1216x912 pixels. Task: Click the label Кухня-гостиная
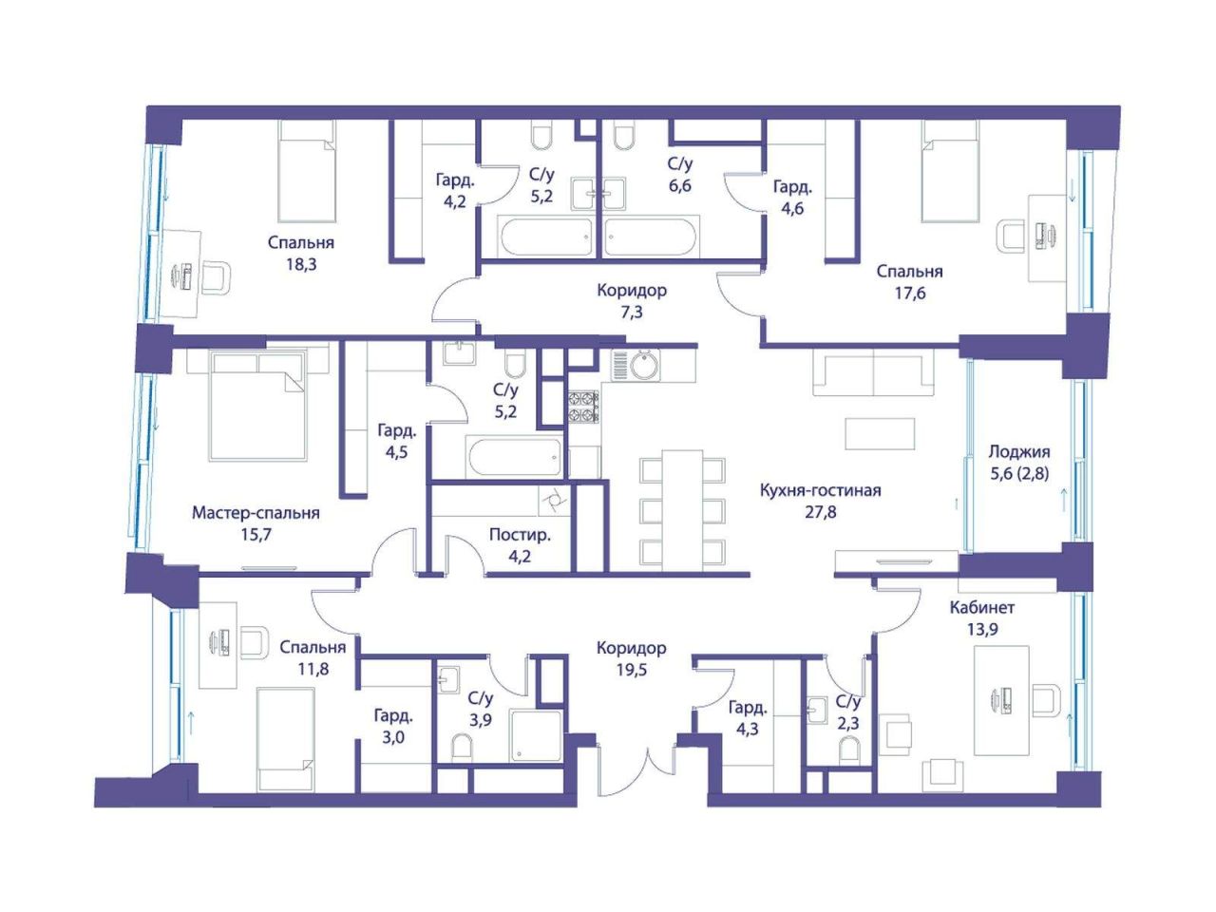click(x=820, y=490)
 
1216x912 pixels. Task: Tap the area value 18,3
click(x=301, y=265)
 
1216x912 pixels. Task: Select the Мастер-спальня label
click(x=256, y=513)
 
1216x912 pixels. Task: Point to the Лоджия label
click(x=1019, y=452)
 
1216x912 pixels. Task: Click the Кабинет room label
click(x=982, y=607)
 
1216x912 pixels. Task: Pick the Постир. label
click(x=520, y=535)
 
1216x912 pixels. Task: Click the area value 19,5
click(x=632, y=670)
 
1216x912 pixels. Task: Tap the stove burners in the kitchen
click(x=582, y=407)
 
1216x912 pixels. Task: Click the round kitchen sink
click(x=645, y=365)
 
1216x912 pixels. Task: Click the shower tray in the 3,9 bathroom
click(x=536, y=736)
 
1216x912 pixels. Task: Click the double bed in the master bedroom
click(x=257, y=405)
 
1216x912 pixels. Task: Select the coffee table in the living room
click(x=880, y=433)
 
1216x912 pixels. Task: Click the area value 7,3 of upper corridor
click(x=632, y=313)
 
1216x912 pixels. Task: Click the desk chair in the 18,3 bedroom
click(x=215, y=277)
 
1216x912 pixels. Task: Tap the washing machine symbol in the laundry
click(x=552, y=501)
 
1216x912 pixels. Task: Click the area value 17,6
click(x=910, y=293)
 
